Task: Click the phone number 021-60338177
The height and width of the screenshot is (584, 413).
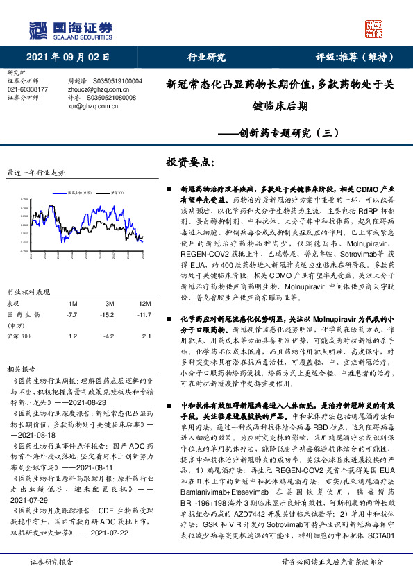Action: [x=28, y=89]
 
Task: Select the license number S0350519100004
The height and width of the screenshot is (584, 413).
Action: [x=112, y=81]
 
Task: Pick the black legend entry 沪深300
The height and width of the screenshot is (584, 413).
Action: [x=117, y=192]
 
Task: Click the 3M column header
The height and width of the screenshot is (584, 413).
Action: [x=109, y=304]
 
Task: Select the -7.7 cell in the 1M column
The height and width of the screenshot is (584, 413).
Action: [x=71, y=315]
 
